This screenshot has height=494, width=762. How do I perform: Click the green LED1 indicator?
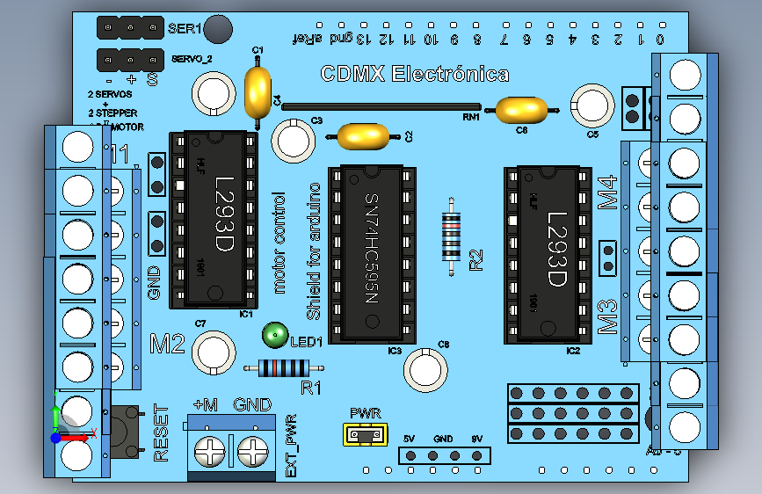274,334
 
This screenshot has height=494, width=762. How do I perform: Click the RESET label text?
161,433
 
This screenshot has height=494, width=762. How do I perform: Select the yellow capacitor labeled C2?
363,136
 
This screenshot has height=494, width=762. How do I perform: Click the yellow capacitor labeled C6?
522,110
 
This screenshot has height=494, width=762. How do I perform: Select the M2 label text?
167,343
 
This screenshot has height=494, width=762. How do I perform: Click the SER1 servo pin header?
130,27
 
